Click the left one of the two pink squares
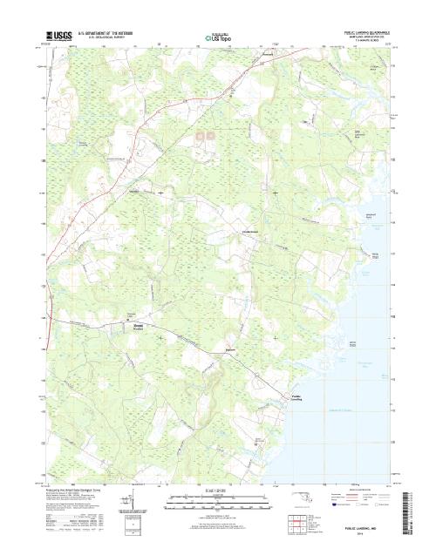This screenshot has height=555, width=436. pos(199,135)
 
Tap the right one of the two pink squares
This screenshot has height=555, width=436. pos(210,135)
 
